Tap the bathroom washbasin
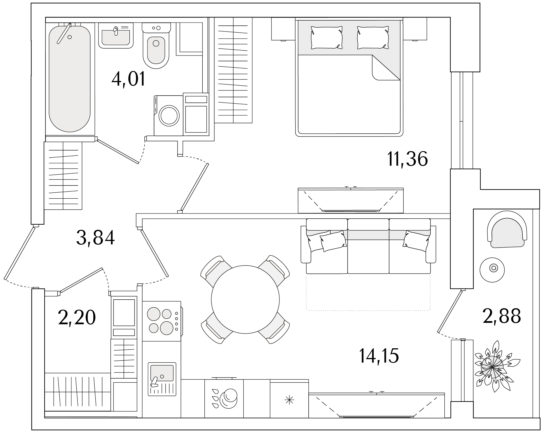116,35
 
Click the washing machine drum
169,115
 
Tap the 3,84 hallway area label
95,238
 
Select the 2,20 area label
76,317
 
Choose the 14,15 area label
379,356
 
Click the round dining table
245,299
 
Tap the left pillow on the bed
326,37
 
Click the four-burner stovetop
161,321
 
